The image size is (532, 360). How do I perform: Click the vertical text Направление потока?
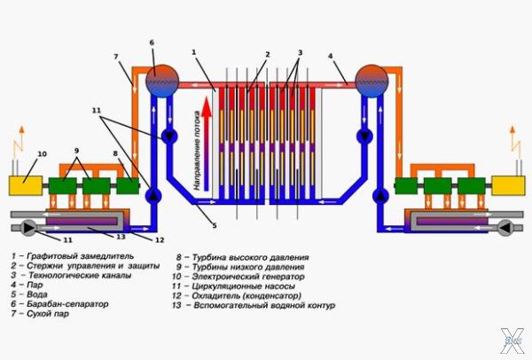(192, 146)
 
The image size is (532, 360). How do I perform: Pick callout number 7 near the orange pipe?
(116, 56)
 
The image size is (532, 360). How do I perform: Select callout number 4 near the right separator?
(330, 58)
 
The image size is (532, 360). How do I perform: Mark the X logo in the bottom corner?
(512, 340)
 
